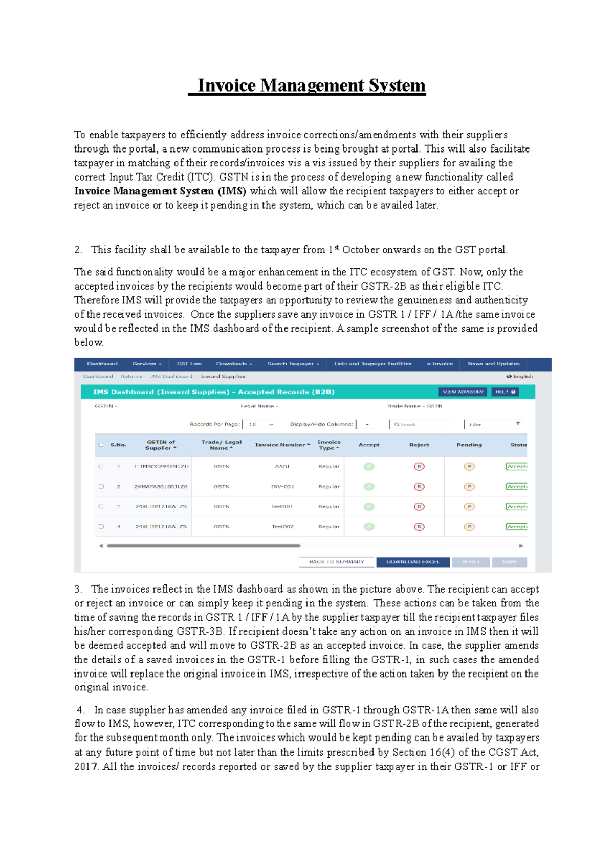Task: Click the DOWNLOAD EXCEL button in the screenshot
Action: pos(413,562)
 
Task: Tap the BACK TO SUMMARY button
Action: pos(337,562)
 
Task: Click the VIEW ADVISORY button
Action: pos(463,392)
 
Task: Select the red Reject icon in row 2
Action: pos(419,487)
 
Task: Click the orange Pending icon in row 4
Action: pos(469,527)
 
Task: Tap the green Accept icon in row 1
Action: pos(369,467)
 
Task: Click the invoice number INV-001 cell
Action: pos(282,487)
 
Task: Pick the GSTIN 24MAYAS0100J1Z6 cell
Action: pos(161,487)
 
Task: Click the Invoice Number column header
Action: pos(282,445)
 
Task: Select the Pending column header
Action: pos(469,445)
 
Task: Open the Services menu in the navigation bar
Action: pos(146,364)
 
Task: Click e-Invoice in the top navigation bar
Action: pos(440,364)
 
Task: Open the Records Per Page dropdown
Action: pos(261,424)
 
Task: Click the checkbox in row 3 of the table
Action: pos(101,507)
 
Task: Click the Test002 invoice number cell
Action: pos(282,527)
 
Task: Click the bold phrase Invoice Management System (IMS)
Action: pos(160,191)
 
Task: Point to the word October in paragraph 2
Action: pos(361,250)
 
